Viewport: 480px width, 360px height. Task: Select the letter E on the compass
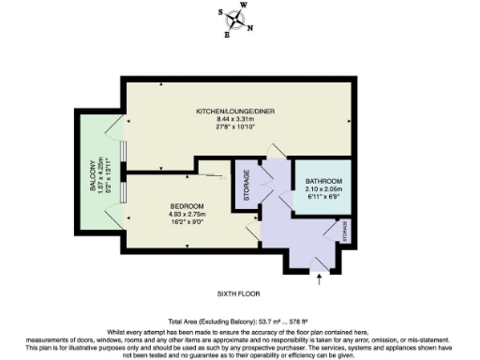coord(227,36)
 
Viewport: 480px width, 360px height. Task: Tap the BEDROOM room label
coord(187,204)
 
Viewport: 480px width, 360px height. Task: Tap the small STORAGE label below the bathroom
coord(345,231)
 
